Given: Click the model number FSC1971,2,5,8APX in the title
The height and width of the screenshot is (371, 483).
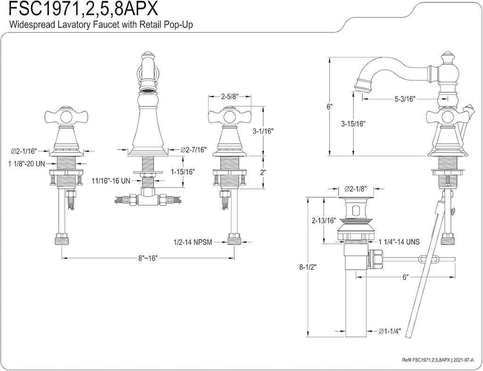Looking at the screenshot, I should (80, 9).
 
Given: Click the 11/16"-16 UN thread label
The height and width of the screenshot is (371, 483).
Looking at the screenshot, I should (111, 180).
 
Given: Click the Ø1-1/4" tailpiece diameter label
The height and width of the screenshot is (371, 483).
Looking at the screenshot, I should (390, 331).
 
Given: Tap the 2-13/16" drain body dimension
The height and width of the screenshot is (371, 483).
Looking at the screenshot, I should (324, 220).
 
